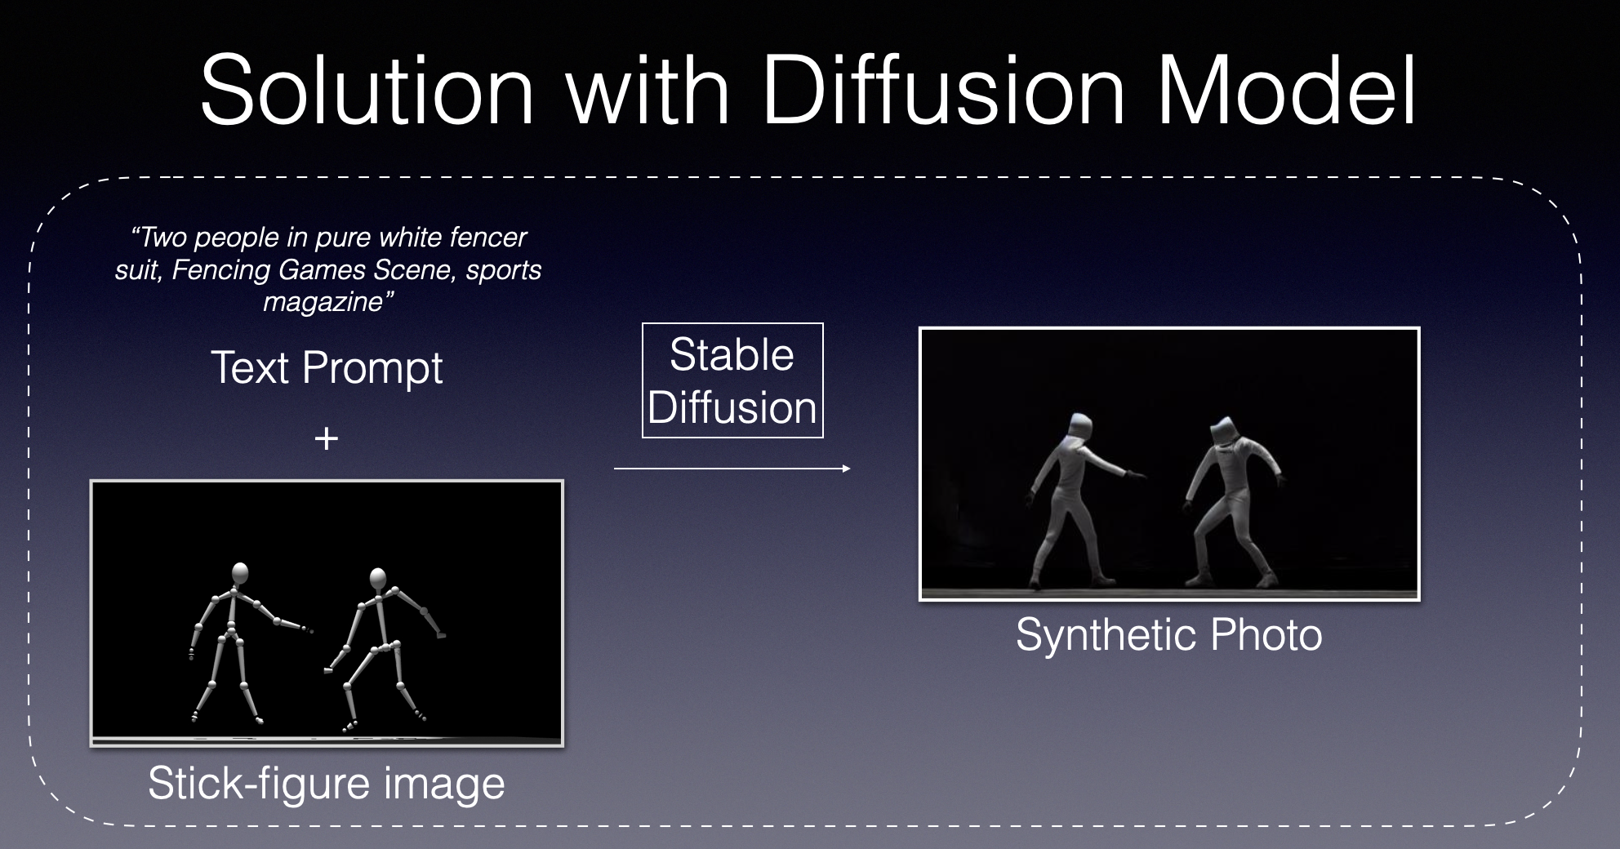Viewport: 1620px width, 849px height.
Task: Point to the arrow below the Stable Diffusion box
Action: click(x=732, y=469)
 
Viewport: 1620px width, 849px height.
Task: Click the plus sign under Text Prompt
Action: click(x=327, y=439)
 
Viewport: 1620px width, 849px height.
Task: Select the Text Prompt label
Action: click(x=327, y=367)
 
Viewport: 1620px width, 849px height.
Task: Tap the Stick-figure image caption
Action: click(x=327, y=784)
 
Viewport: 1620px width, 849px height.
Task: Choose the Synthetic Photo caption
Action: click(x=1169, y=634)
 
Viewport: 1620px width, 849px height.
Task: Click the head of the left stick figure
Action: click(x=240, y=574)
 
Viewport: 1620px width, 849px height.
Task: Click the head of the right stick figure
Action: click(x=377, y=579)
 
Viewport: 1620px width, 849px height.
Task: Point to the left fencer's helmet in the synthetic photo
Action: click(x=1078, y=427)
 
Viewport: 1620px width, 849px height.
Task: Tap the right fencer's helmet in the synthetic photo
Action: click(x=1223, y=432)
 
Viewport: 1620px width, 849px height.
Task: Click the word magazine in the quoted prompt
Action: click(x=323, y=303)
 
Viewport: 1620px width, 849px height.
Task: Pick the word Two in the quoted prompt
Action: click(x=159, y=238)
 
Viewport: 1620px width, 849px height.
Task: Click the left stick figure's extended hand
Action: click(x=305, y=629)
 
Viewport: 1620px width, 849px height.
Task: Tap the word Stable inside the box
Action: click(x=732, y=354)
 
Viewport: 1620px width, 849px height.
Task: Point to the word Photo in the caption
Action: click(x=1266, y=634)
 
